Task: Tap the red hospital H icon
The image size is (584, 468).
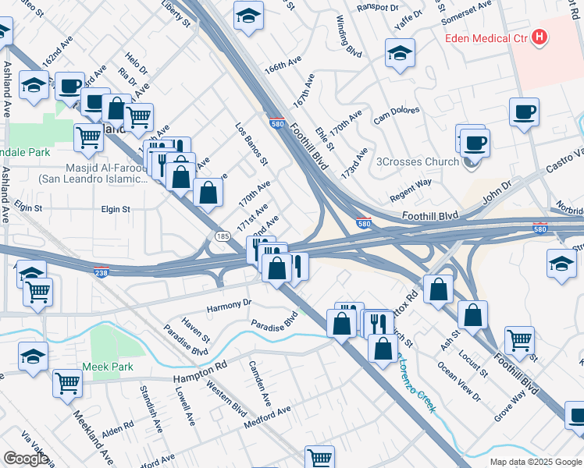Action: (x=539, y=37)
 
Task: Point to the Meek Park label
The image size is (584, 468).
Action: (x=109, y=367)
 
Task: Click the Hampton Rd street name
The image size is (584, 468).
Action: (x=200, y=371)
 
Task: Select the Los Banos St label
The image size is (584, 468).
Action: (x=252, y=144)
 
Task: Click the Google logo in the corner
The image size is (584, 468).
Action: (x=26, y=458)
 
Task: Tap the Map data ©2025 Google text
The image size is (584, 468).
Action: (x=536, y=462)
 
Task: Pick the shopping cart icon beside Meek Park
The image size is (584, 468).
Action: (x=68, y=384)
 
